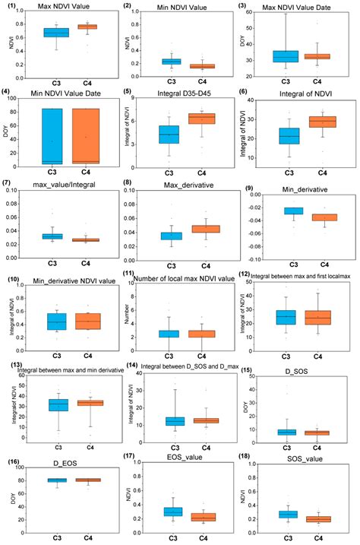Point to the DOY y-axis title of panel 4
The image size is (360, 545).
(x=8, y=135)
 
